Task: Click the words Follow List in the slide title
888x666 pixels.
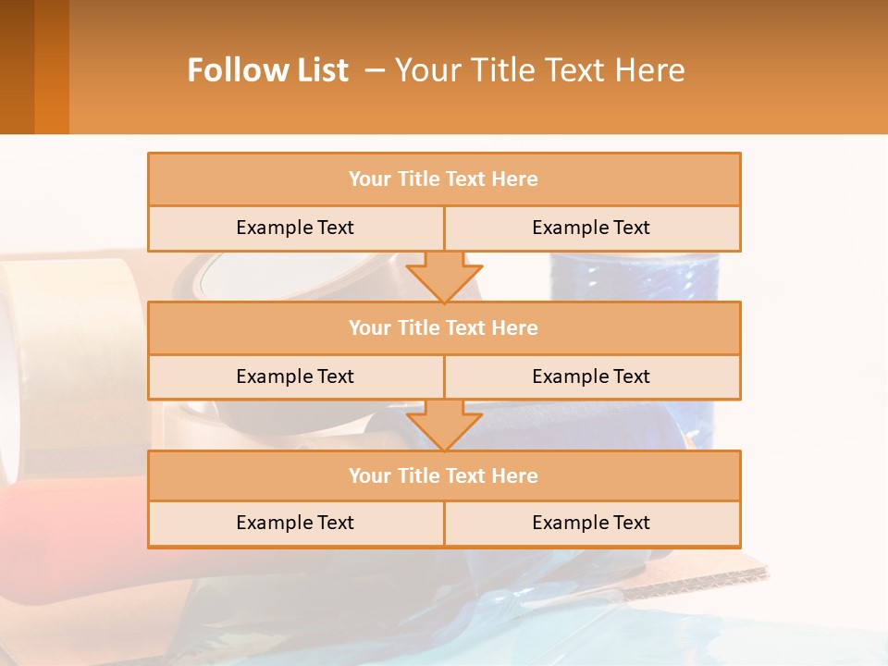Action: (x=267, y=70)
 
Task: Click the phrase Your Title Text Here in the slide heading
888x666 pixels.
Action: (x=540, y=70)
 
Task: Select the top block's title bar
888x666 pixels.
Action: (x=444, y=179)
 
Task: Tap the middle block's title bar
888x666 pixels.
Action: (x=444, y=327)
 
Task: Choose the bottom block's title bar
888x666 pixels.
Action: (x=444, y=475)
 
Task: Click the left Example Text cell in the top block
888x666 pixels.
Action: (x=295, y=228)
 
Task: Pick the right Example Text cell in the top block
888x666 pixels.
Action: (x=591, y=228)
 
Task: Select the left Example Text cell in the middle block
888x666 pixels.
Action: (x=295, y=376)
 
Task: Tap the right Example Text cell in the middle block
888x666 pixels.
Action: (x=591, y=376)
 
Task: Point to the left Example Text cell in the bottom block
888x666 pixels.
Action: (x=295, y=523)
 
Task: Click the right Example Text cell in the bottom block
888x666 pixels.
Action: (x=591, y=523)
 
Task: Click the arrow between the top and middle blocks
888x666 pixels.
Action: (x=444, y=277)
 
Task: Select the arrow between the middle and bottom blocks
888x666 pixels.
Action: (x=444, y=425)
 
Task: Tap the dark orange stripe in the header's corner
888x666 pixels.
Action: (x=51, y=67)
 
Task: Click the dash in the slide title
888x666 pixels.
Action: (x=375, y=70)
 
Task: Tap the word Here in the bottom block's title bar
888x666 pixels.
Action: (x=514, y=475)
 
